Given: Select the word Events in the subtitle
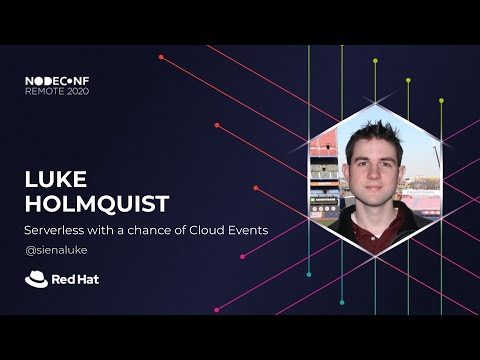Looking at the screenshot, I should click(246, 231).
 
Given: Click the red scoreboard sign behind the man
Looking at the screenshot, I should click(323, 151).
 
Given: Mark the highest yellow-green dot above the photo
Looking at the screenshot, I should click(375, 60).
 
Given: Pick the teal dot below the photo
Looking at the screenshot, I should click(309, 273).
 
